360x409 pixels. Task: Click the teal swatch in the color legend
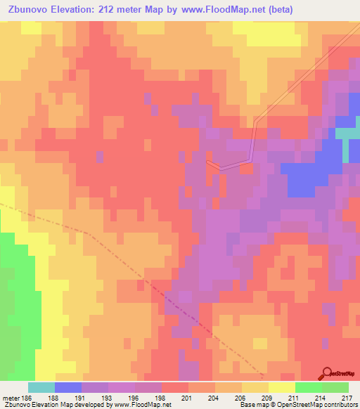point(41,387)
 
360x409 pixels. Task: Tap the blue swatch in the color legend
point(68,387)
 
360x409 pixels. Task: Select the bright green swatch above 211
point(309,387)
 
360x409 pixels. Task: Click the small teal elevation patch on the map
point(347,134)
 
